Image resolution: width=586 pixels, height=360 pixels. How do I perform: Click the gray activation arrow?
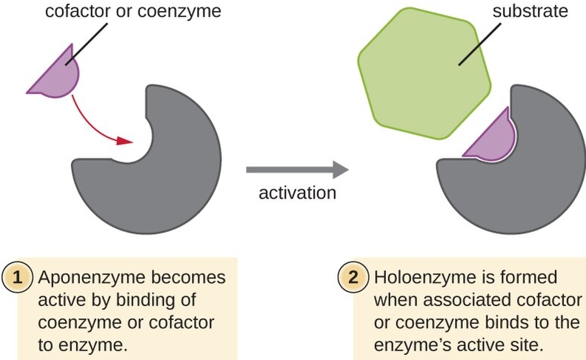[297, 170]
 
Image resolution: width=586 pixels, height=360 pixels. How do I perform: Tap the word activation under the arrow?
[297, 193]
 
